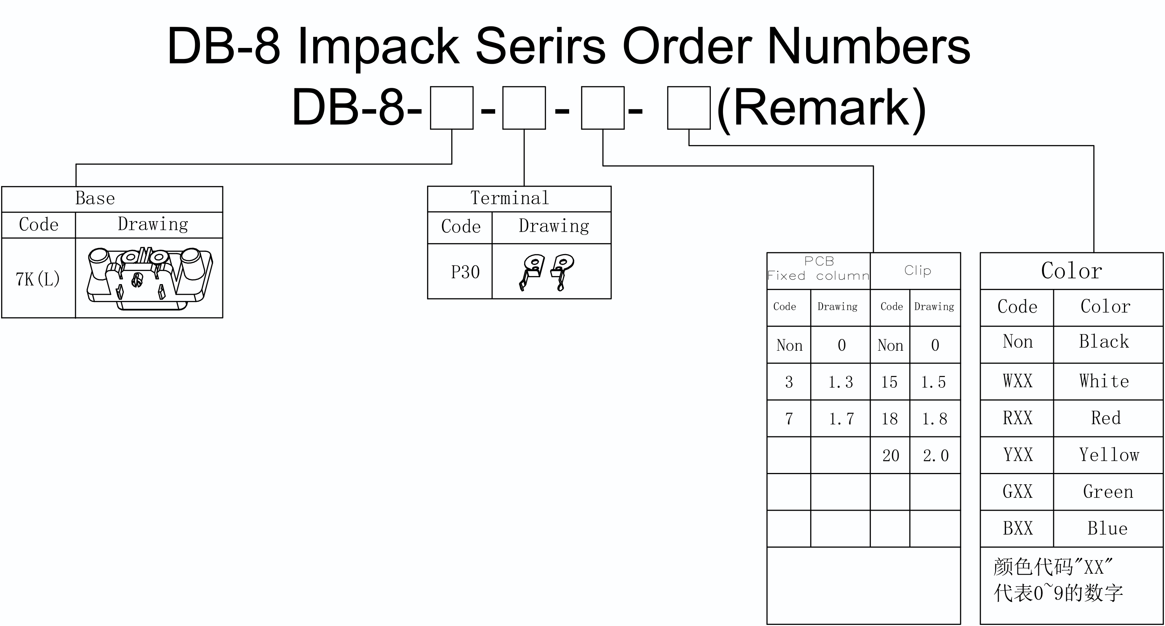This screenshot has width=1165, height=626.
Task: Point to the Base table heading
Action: coord(95,198)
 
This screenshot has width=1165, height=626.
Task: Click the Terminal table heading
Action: coord(510,198)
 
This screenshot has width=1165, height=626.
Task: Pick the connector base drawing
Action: coord(150,278)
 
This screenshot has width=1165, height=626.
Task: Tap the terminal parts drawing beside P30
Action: coord(546,272)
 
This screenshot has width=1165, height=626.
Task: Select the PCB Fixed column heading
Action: coord(819,268)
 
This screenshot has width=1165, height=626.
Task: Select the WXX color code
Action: coord(1017,381)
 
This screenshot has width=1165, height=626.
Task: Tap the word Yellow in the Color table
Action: coord(1109,455)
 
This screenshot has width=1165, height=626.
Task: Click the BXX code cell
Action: coord(1017,528)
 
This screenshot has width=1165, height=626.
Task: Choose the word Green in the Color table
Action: coord(1108,492)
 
